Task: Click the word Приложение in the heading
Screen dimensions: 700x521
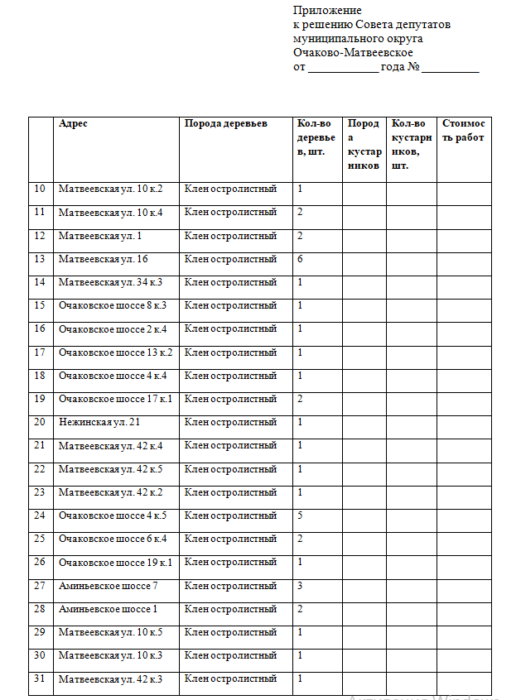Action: pos(327,11)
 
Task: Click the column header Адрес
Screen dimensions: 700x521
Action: pos(73,123)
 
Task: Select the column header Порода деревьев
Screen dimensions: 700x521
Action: pos(226,123)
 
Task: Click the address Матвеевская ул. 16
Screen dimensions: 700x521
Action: pos(103,259)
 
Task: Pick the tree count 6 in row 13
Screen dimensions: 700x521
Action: pos(300,259)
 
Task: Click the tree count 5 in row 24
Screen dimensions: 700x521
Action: pos(300,515)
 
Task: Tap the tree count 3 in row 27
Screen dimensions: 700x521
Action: pos(300,586)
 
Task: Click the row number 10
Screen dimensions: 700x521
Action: pos(40,189)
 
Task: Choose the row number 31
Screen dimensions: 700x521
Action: pos(40,679)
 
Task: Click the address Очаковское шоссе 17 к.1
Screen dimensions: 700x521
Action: pos(115,399)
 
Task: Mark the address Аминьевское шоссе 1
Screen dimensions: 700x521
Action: pos(108,609)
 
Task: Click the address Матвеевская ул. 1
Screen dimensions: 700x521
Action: pos(100,236)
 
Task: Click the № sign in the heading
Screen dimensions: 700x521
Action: pos(413,66)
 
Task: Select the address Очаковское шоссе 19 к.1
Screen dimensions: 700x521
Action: pos(115,563)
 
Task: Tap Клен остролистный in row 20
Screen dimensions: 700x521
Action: pos(230,422)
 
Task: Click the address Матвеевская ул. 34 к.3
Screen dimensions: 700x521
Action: pos(110,282)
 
